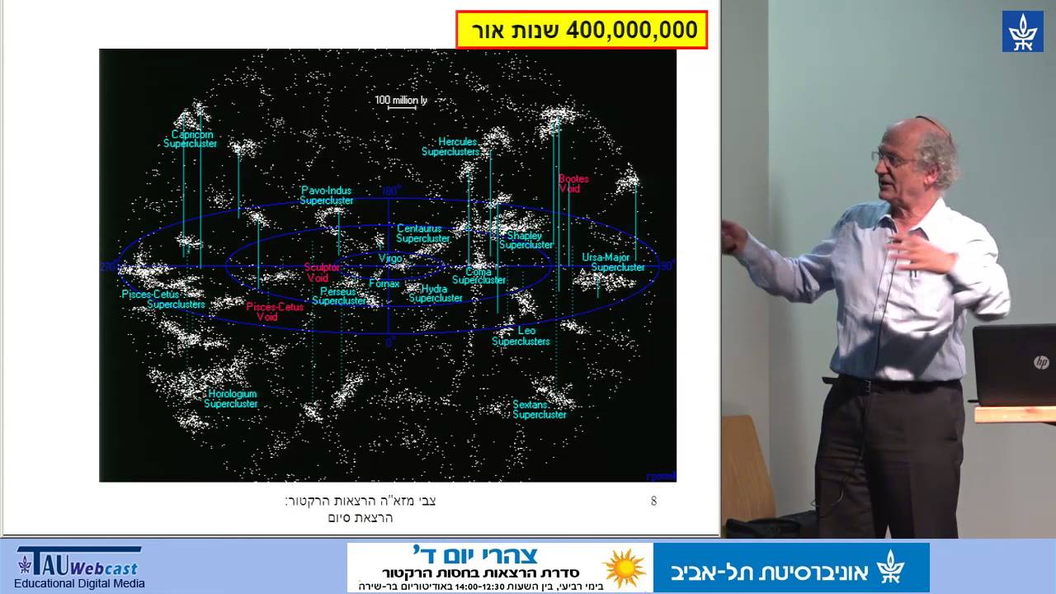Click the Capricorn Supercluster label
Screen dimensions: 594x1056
click(x=191, y=139)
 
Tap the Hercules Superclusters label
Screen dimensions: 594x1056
click(x=451, y=147)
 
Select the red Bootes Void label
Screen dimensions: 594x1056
click(x=573, y=183)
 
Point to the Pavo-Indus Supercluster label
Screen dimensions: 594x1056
click(x=327, y=196)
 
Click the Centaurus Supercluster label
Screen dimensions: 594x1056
click(x=422, y=233)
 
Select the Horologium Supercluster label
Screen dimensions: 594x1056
click(x=232, y=399)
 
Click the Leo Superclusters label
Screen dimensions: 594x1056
click(x=521, y=336)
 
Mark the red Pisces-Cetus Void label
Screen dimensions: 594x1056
click(x=274, y=311)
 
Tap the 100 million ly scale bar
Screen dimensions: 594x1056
click(x=401, y=101)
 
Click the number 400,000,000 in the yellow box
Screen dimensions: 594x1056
click(x=630, y=31)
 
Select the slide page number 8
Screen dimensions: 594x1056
click(x=653, y=501)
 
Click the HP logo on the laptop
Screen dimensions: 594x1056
click(x=1041, y=361)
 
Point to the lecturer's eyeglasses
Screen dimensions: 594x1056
click(x=887, y=156)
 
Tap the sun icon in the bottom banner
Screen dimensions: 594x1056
click(x=625, y=568)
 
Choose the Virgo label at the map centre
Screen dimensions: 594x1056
click(x=390, y=258)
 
